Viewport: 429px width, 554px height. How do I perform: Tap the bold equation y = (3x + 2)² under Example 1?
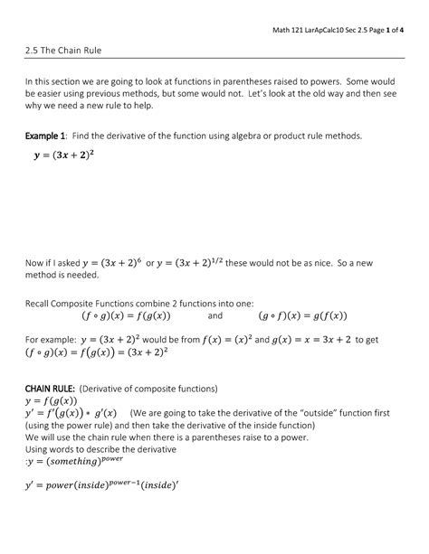[78, 156]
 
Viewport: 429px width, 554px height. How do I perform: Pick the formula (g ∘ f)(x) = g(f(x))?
[310, 317]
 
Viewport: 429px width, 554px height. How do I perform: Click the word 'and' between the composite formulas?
[214, 318]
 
